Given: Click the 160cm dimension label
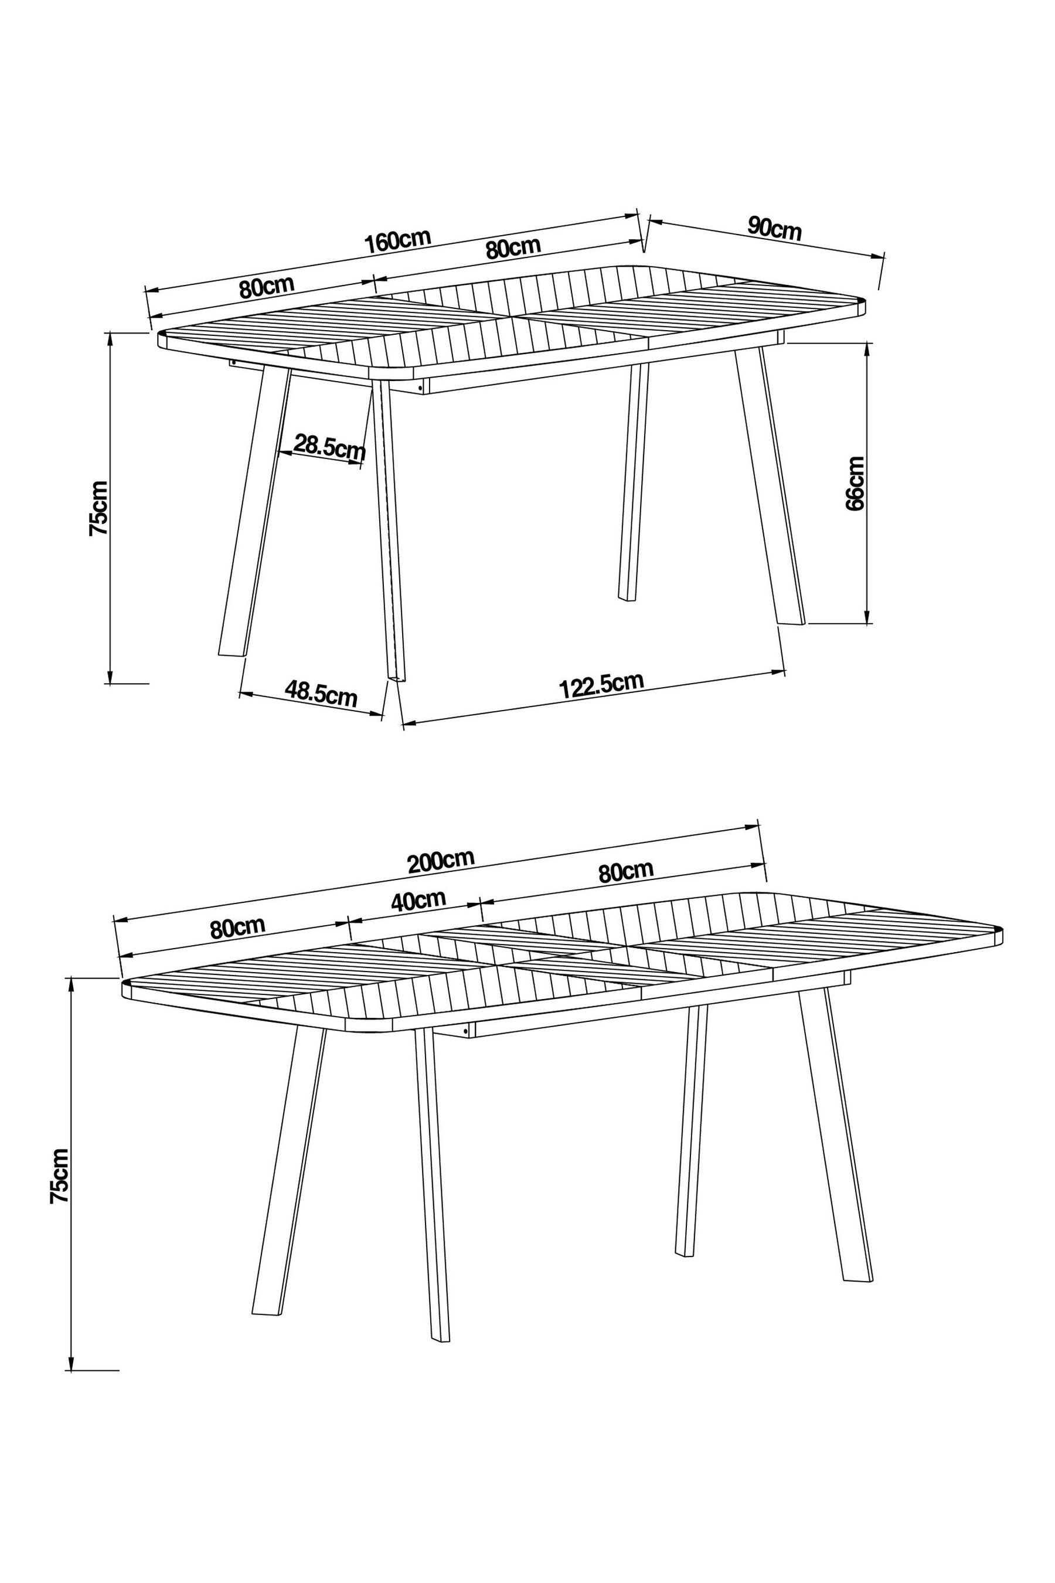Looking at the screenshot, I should click(x=397, y=241).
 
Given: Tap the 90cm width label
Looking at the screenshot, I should click(x=774, y=229).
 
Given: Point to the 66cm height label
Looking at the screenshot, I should click(x=855, y=483).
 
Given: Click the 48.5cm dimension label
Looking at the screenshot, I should click(x=320, y=693).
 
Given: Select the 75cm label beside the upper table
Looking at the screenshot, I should click(x=98, y=508).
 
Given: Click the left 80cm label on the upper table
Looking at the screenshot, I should click(x=267, y=287).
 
